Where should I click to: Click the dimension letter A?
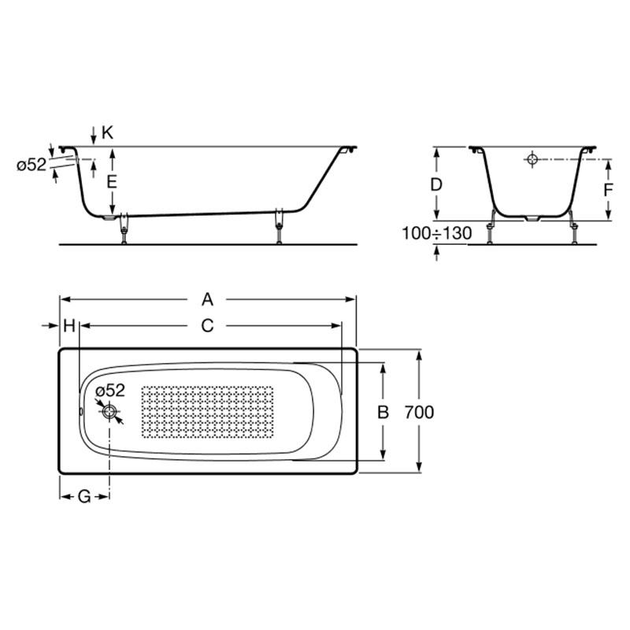tap(207, 299)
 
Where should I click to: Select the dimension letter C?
tap(207, 326)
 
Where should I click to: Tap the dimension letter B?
tap(384, 412)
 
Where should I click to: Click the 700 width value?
tap(419, 412)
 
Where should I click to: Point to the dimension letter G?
tap(84, 497)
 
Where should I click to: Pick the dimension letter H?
tap(69, 326)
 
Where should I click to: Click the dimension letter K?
tap(107, 132)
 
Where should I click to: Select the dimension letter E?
tap(111, 182)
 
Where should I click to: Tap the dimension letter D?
tap(436, 184)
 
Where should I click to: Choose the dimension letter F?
tap(608, 190)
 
